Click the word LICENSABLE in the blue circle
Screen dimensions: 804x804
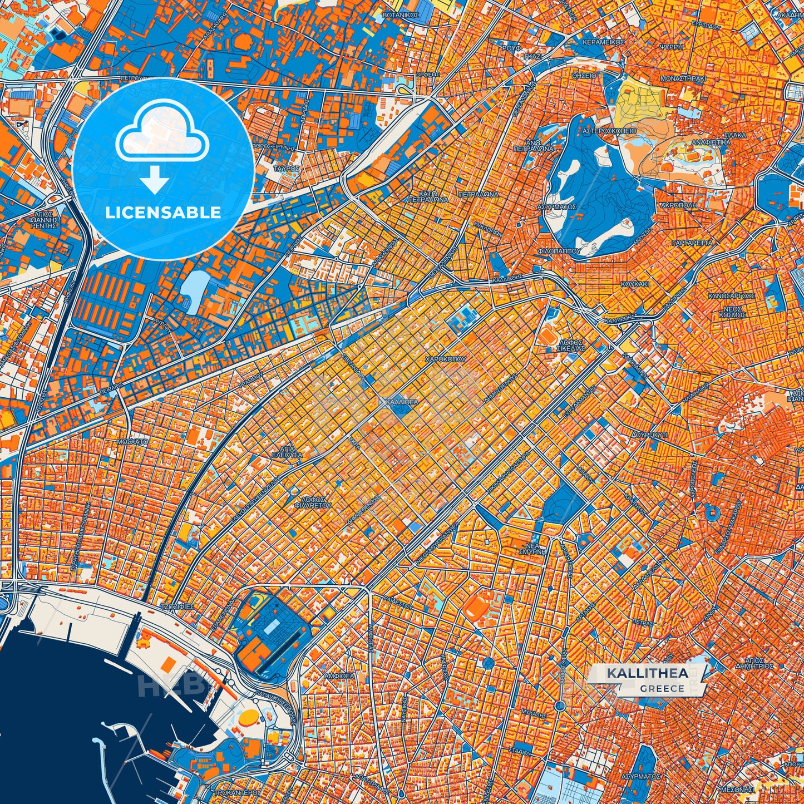[x=164, y=213]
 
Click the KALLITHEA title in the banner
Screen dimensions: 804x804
[x=647, y=673]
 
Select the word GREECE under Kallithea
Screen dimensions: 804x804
[x=662, y=688]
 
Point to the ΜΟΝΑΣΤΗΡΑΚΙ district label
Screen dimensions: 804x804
[x=683, y=79]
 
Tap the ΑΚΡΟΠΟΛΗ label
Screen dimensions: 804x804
[x=678, y=205]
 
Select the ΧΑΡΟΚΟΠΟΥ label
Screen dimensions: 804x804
[x=445, y=359]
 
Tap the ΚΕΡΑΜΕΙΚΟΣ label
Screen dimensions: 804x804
[x=603, y=42]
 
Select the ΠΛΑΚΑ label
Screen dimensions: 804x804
[x=735, y=135]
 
